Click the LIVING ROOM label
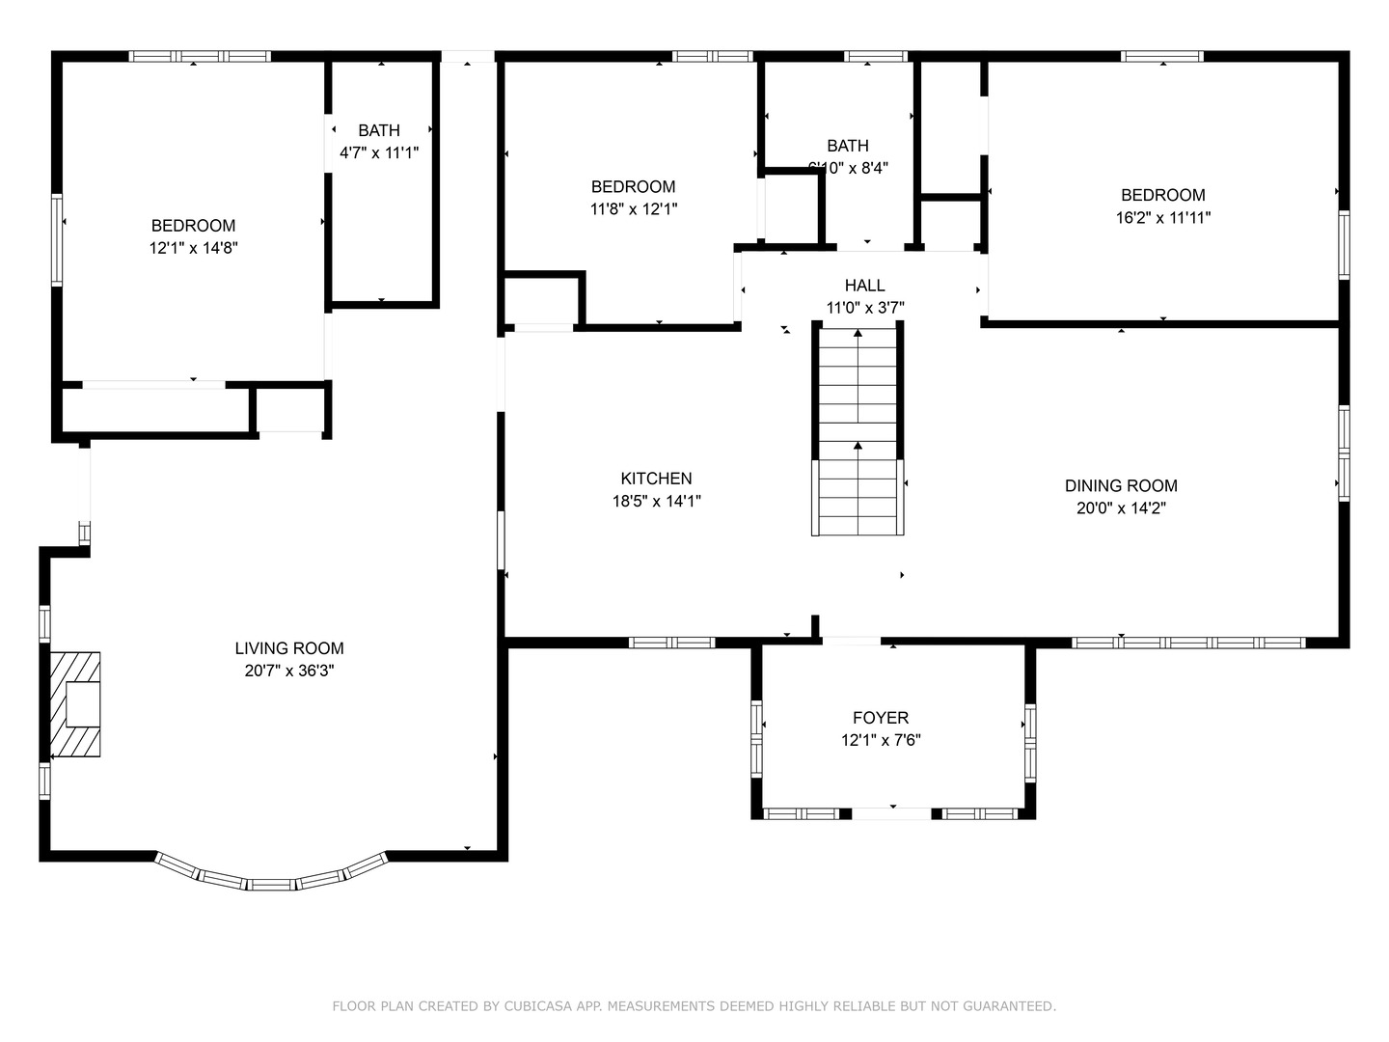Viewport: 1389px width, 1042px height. pos(289,648)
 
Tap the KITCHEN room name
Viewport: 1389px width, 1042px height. pos(656,479)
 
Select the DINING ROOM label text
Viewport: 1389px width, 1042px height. pos(1121,486)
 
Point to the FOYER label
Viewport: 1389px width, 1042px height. pos(880,718)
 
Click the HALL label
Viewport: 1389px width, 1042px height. pos(864,286)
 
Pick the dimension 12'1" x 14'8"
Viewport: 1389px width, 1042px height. pos(193,248)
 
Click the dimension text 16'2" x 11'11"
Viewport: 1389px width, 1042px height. pos(1162,218)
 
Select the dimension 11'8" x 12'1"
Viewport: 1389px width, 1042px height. pos(634,209)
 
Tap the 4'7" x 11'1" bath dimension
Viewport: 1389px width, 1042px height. pos(379,152)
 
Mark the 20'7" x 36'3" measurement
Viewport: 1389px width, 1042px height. pos(289,672)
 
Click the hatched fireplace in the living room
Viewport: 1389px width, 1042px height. pos(75,704)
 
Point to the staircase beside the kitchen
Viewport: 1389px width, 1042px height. pos(858,431)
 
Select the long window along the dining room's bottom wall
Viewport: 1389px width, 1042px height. pos(1188,643)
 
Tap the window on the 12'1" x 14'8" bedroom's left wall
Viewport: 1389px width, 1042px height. pos(57,240)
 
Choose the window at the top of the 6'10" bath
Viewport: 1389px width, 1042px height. pos(875,56)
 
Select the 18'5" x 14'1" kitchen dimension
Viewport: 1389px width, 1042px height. pos(656,502)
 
